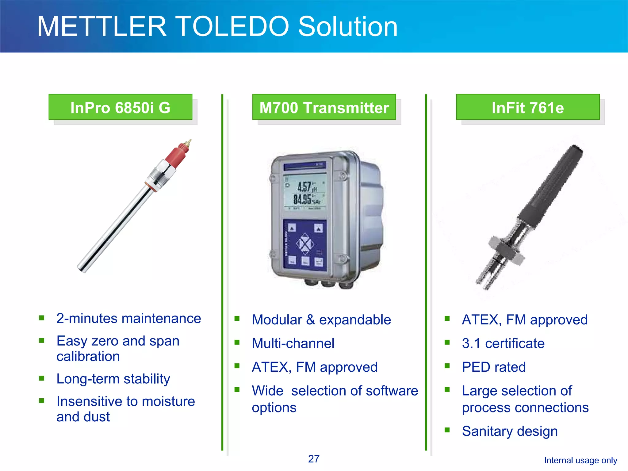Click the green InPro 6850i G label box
coord(120,107)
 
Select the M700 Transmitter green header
coord(324,107)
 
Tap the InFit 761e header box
coord(527,107)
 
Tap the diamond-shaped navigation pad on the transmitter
coord(305,244)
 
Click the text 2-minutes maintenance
coord(128,319)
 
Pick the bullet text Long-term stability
coord(113,379)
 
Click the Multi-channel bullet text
coord(293,343)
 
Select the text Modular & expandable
coord(321,320)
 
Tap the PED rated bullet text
coord(494,367)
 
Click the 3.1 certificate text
coord(503,343)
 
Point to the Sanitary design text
coord(510,431)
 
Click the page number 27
coord(314,459)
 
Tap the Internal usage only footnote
coord(580,460)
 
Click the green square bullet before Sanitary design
coord(447,430)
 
